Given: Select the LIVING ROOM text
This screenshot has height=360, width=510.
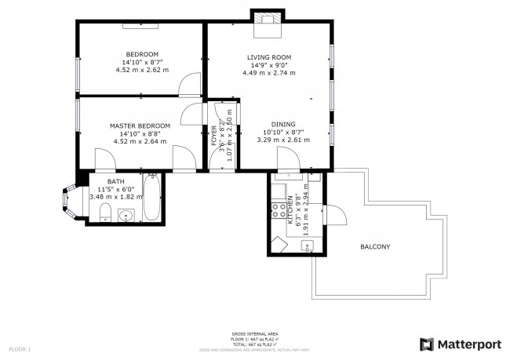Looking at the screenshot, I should point(269,57).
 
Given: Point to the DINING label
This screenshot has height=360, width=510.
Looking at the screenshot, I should point(283,125).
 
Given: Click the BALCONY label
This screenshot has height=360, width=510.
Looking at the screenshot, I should point(375,247).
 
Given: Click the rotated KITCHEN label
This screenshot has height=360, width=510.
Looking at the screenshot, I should point(290,210).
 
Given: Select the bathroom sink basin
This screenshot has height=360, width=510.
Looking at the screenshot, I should point(124,216).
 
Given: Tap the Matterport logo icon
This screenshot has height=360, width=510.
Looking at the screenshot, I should point(427,344).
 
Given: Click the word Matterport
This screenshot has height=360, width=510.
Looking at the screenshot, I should point(470,344).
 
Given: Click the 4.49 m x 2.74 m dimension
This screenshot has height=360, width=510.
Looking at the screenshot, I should point(269,73).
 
